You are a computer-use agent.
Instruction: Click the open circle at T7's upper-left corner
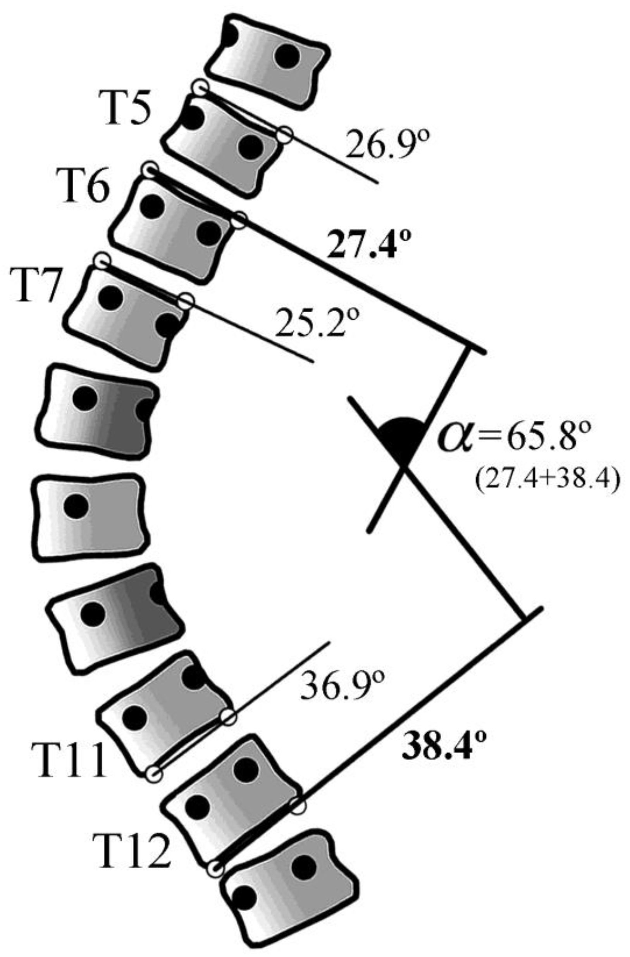click(102, 260)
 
